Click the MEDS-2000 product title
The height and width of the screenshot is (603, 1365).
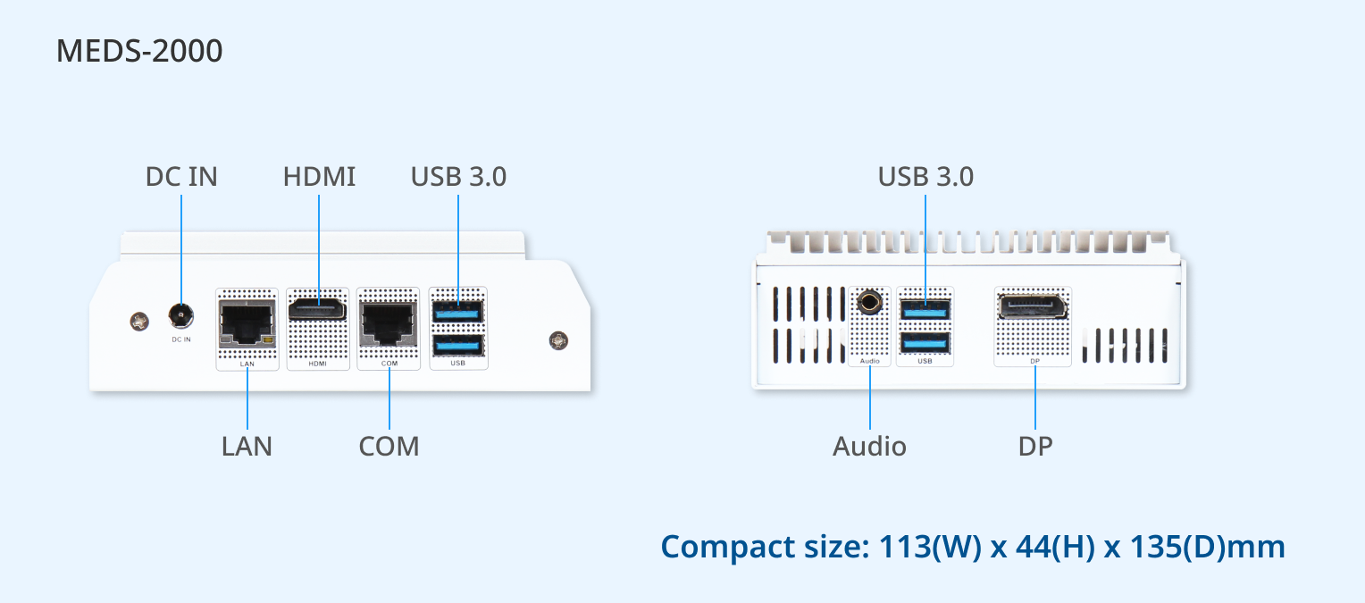pos(139,51)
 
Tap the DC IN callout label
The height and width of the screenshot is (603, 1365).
pos(181,177)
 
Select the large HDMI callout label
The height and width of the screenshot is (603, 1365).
pos(319,177)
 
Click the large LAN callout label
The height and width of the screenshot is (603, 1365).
pos(247,447)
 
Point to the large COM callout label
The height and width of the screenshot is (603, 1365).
pos(389,447)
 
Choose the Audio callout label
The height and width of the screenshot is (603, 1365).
pos(869,447)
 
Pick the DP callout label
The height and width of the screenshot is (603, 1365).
pos(1035,447)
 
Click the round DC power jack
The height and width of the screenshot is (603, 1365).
pos(181,315)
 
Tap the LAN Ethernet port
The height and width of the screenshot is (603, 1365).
pos(247,323)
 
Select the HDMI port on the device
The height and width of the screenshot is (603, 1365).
pos(317,309)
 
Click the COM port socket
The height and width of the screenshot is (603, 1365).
pos(389,323)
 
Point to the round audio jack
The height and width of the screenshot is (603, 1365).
pos(869,303)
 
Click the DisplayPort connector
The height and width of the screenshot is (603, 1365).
pos(1033,306)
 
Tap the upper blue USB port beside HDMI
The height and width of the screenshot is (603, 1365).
pos(457,312)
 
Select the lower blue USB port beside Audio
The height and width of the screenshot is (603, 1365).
pos(925,343)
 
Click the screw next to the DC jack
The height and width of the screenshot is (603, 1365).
pos(139,321)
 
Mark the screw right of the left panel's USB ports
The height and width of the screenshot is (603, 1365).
pos(559,340)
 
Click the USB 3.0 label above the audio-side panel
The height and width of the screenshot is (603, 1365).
pos(925,177)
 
